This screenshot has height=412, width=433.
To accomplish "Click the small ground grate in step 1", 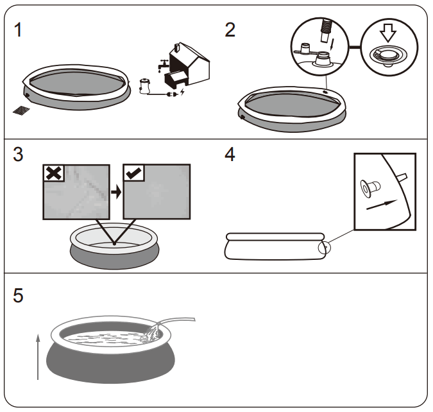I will click(x=21, y=110).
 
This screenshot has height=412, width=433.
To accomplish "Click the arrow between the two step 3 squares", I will click(x=116, y=191).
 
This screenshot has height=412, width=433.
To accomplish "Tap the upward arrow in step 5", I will click(x=38, y=356).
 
